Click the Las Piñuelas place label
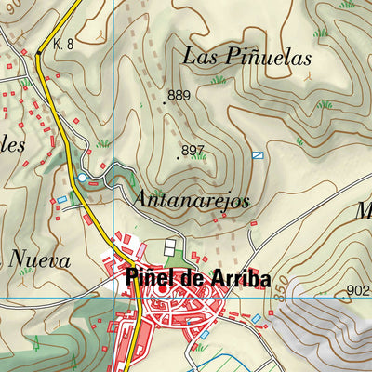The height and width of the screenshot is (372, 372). (246, 57)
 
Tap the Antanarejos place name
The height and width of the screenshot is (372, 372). (192, 201)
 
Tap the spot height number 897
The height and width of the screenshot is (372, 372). (193, 150)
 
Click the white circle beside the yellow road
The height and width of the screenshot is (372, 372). (82, 177)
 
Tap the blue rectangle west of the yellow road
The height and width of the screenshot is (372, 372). (62, 199)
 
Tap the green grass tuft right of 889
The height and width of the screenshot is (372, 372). (219, 80)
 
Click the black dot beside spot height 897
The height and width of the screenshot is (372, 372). (178, 158)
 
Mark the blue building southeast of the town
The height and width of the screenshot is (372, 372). (257, 319)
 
